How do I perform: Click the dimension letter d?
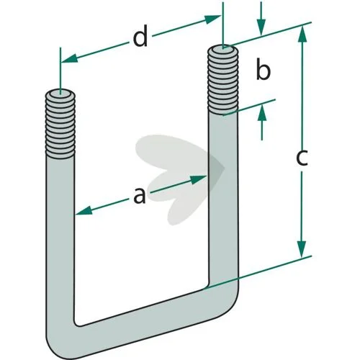pos(140,38)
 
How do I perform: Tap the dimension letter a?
pos(140,196)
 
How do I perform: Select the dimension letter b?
pos(263,70)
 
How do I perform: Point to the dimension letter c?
pos(302,158)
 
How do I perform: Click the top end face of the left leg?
pos(60,94)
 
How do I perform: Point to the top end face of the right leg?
pos(223,49)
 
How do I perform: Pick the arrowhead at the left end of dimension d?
pos(69,58)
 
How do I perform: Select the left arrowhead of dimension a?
pos(84,211)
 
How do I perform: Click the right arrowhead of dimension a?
pos(199,179)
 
